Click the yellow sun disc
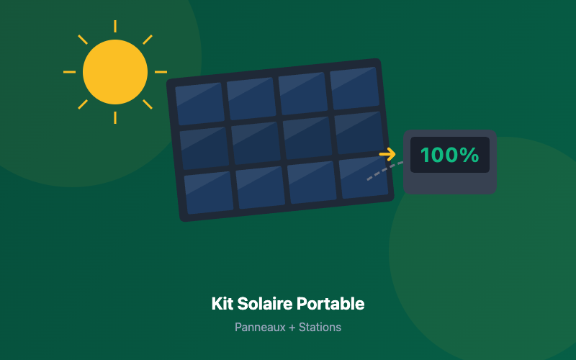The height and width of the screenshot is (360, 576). [x=115, y=72]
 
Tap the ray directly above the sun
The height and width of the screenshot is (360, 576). [x=115, y=27]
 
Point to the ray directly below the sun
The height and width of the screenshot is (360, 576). [x=115, y=117]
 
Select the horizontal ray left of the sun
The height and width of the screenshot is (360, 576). [x=69, y=72]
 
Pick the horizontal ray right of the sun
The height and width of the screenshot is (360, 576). [x=161, y=72]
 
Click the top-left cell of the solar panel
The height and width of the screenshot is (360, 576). [x=199, y=104]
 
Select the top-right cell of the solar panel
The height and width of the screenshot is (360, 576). [x=354, y=88]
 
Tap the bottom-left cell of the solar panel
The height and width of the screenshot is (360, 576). [x=209, y=192]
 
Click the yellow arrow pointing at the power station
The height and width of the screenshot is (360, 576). [x=387, y=154]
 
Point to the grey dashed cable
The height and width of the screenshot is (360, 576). [x=384, y=170]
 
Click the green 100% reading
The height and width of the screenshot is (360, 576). [x=449, y=155]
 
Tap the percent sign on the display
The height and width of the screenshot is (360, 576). [x=470, y=155]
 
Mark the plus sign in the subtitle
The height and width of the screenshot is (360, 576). [x=292, y=327]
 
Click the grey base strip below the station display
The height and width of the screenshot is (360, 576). [x=450, y=184]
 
